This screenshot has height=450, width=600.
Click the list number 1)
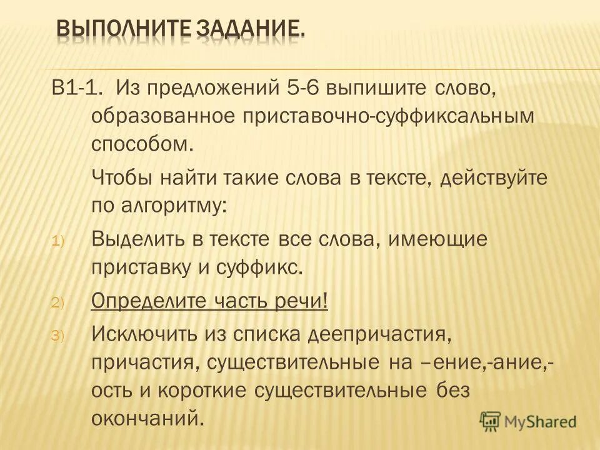57,240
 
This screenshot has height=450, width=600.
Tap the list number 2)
57,302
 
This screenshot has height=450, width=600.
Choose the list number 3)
57,336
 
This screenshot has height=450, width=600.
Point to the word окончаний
148,417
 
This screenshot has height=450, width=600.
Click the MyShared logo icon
491,421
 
